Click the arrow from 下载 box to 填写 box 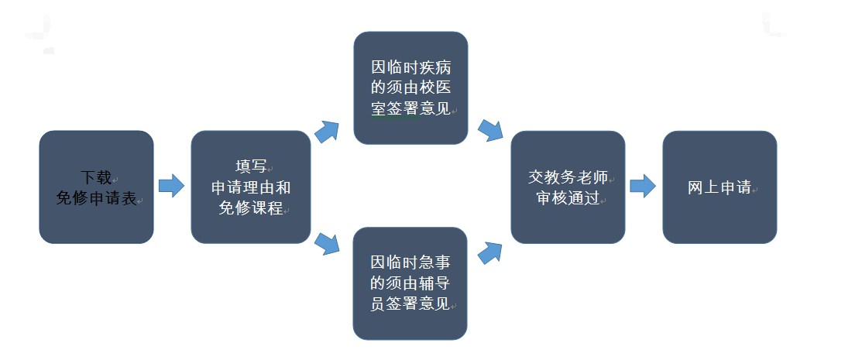tap(171, 186)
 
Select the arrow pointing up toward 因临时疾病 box tap(328, 132)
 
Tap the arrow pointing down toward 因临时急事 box tap(328, 243)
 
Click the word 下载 tap(96, 177)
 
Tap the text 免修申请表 tap(96, 198)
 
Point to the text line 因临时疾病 tap(410, 67)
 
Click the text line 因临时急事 tap(410, 262)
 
